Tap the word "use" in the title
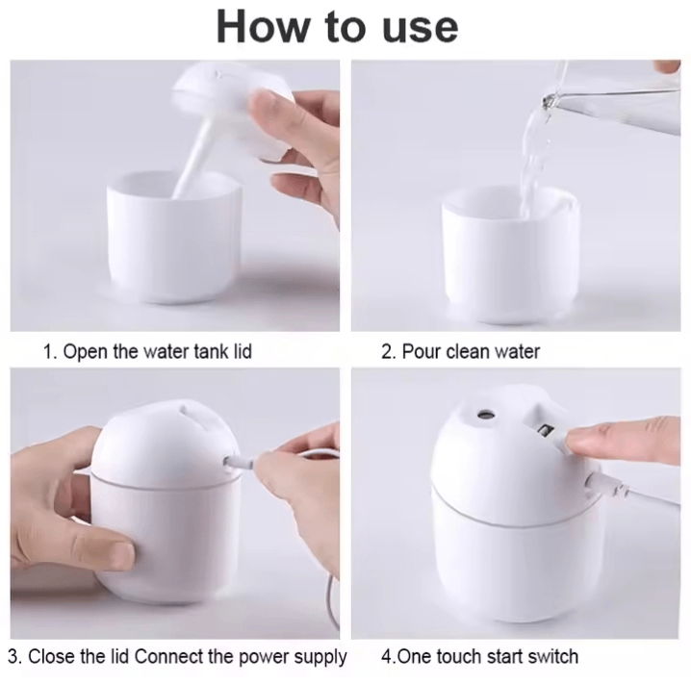(x=420, y=30)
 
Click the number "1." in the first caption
(x=50, y=351)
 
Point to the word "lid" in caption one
(x=243, y=351)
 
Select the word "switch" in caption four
(x=553, y=656)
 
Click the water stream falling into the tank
(x=534, y=163)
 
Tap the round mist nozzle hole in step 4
(x=486, y=415)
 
